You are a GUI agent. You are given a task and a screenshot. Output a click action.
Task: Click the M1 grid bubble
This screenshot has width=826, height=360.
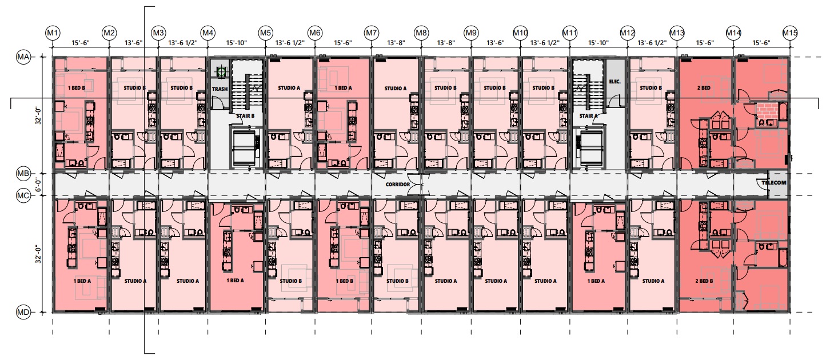[53, 33]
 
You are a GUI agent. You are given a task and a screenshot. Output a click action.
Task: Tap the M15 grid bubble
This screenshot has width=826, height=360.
[790, 33]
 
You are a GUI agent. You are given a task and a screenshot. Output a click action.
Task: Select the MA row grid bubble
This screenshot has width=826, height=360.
[23, 57]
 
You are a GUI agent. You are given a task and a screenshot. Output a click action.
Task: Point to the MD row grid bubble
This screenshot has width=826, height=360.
[23, 313]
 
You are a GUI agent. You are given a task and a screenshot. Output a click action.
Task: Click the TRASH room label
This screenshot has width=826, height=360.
[220, 89]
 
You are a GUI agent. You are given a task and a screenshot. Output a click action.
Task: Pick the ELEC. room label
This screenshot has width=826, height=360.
[614, 82]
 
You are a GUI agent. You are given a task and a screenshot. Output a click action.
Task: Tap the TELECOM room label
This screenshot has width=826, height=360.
[774, 183]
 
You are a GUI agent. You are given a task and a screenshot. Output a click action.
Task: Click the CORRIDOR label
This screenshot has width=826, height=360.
[397, 184]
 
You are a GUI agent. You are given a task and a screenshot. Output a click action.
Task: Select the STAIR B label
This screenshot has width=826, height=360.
[245, 115]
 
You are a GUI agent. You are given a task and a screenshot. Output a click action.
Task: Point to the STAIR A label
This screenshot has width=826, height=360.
[588, 115]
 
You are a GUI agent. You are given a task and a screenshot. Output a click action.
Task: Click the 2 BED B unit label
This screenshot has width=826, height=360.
[704, 281]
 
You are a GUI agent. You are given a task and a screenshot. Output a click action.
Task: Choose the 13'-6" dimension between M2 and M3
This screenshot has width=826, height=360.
[134, 43]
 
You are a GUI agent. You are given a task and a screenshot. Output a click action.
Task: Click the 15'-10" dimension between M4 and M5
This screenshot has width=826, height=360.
[237, 43]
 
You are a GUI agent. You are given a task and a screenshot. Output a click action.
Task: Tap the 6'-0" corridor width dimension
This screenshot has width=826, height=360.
[38, 184]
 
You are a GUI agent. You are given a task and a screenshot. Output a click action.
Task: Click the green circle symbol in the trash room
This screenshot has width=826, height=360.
[221, 72]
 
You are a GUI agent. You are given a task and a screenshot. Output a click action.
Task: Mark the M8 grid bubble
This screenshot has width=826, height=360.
[421, 33]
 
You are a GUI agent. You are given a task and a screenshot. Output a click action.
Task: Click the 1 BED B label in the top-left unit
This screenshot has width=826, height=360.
[77, 88]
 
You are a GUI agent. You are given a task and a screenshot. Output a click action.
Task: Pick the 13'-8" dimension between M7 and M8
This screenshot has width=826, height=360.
[396, 43]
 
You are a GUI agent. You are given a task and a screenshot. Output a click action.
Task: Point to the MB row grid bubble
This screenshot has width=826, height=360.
[23, 174]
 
